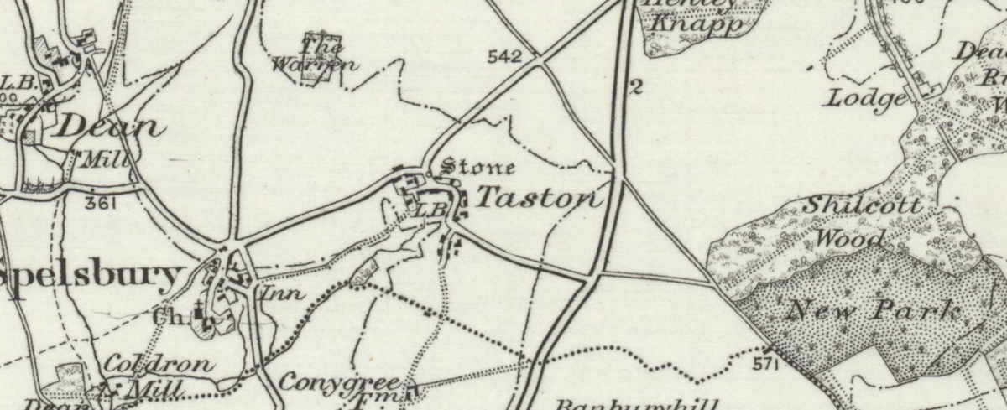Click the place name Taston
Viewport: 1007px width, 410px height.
point(540,198)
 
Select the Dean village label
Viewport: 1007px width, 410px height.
point(108,127)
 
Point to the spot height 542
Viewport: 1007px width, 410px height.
point(504,57)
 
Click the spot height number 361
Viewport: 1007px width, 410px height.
point(100,203)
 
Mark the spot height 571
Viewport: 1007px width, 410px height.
point(766,365)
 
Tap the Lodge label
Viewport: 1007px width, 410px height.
point(867,98)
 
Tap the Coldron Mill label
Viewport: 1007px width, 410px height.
point(158,376)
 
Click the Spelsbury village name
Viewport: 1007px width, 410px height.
point(91,274)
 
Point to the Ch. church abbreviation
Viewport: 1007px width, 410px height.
point(164,318)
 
